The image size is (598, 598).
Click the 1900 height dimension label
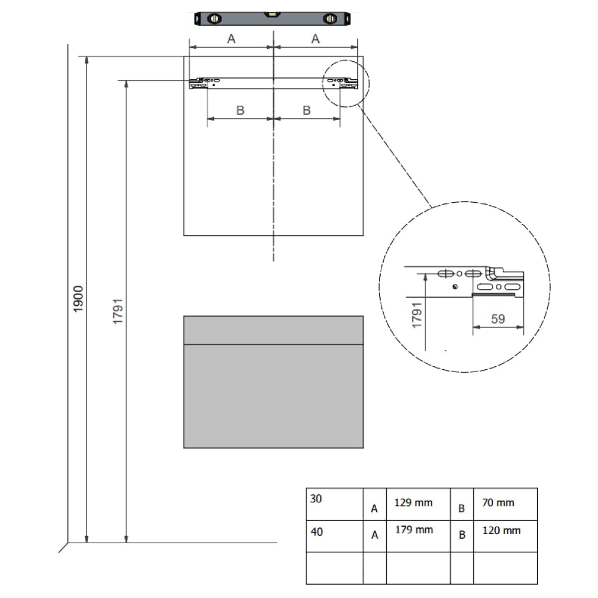pyautogui.click(x=78, y=299)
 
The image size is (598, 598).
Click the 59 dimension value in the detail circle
pyautogui.click(x=498, y=319)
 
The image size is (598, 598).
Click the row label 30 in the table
pyautogui.click(x=315, y=499)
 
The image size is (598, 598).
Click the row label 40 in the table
pyautogui.click(x=316, y=532)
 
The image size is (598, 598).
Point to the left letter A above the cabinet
pyautogui.click(x=231, y=39)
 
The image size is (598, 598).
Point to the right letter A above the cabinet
pyautogui.click(x=315, y=39)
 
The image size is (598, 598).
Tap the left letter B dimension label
pyautogui.click(x=240, y=110)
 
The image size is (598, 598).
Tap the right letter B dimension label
pyautogui.click(x=306, y=110)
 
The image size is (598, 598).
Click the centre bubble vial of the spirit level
pyautogui.click(x=272, y=14)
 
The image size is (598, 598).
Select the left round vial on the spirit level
pyautogui.click(x=214, y=18)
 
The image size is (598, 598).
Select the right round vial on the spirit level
pyautogui.click(x=330, y=18)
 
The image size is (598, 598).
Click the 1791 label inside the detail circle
pyautogui.click(x=417, y=314)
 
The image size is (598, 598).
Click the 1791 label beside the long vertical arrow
pyautogui.click(x=118, y=311)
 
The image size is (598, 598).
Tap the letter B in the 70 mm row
pyautogui.click(x=461, y=508)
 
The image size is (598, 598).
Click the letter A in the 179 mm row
pyautogui.click(x=375, y=535)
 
